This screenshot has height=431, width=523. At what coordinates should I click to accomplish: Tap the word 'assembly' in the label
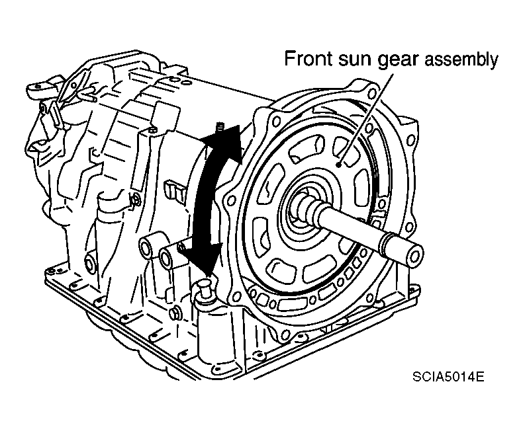pos(461,61)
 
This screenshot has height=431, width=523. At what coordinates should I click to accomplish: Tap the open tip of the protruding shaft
pos(415,254)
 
